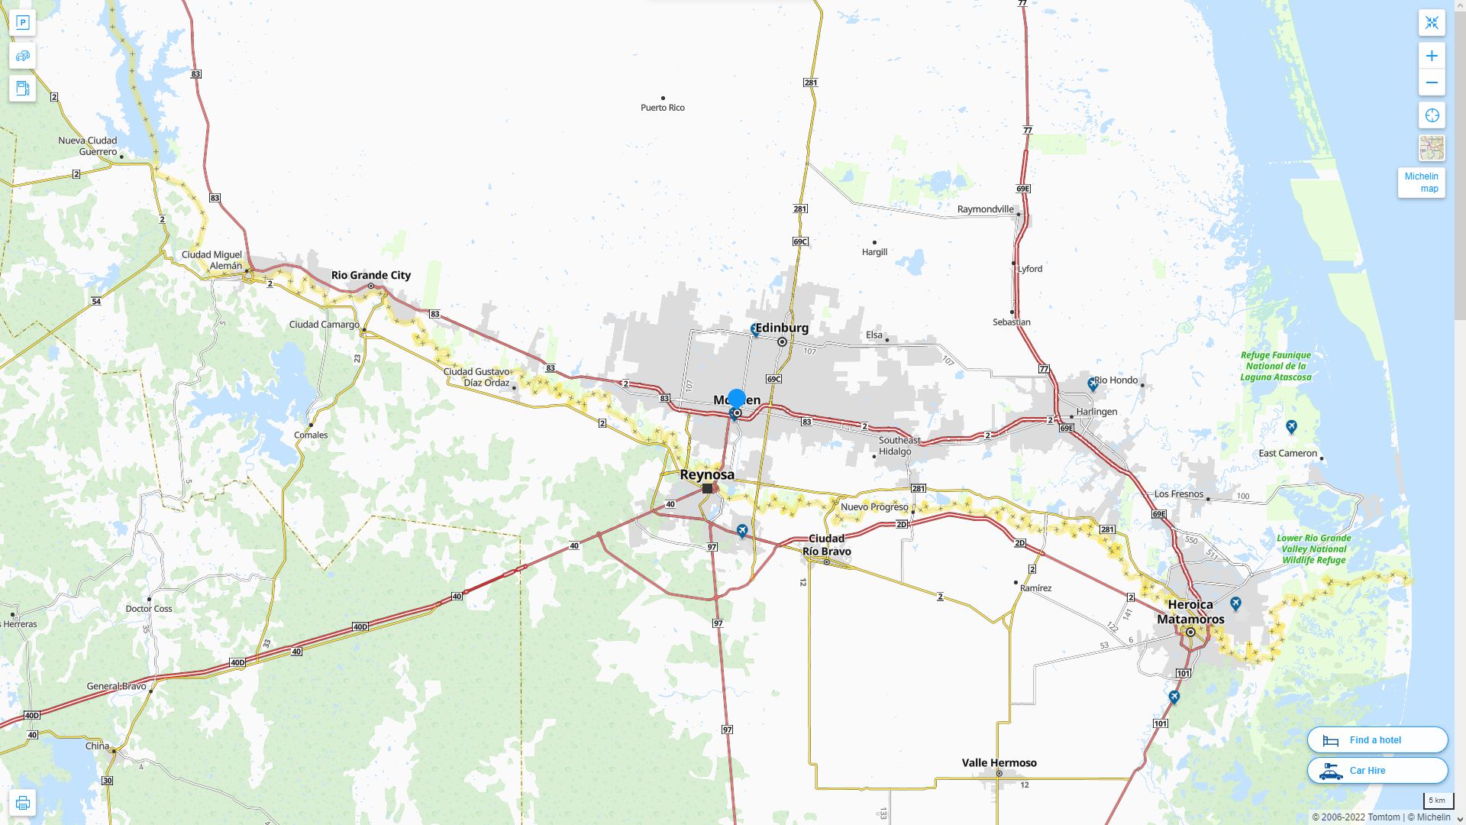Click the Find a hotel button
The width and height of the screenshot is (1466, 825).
tap(1377, 739)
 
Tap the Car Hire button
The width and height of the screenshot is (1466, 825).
tap(1377, 770)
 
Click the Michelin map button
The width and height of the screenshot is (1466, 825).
tap(1421, 183)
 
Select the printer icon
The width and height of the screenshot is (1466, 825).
tap(22, 802)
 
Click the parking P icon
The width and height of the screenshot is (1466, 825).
tap(22, 22)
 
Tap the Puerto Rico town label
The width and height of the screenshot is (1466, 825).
tap(662, 108)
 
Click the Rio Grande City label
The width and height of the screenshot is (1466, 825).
tap(370, 275)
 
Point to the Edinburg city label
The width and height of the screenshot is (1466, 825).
tap(782, 328)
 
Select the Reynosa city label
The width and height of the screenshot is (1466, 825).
tap(707, 474)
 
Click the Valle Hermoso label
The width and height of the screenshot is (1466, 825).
tap(999, 762)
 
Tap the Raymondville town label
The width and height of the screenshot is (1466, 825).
tap(985, 209)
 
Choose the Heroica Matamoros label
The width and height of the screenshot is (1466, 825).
tap(1190, 612)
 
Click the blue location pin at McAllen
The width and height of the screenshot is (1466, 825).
tap(736, 398)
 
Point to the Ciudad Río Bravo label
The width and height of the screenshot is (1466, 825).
tap(826, 545)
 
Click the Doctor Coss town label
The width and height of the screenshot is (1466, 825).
tap(149, 609)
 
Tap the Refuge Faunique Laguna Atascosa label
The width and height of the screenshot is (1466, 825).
tap(1275, 366)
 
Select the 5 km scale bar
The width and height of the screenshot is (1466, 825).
tap(1437, 801)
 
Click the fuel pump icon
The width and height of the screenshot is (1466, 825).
tap(22, 88)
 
